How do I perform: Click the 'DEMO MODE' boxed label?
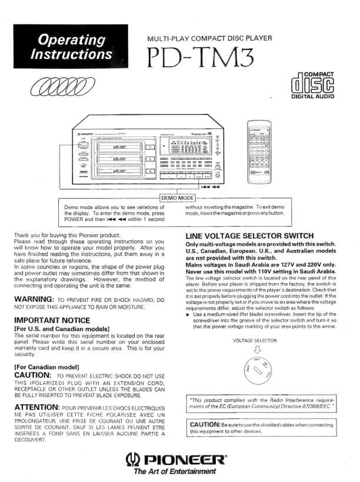coord(177,197)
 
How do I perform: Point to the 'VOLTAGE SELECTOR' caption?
coord(255,340)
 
